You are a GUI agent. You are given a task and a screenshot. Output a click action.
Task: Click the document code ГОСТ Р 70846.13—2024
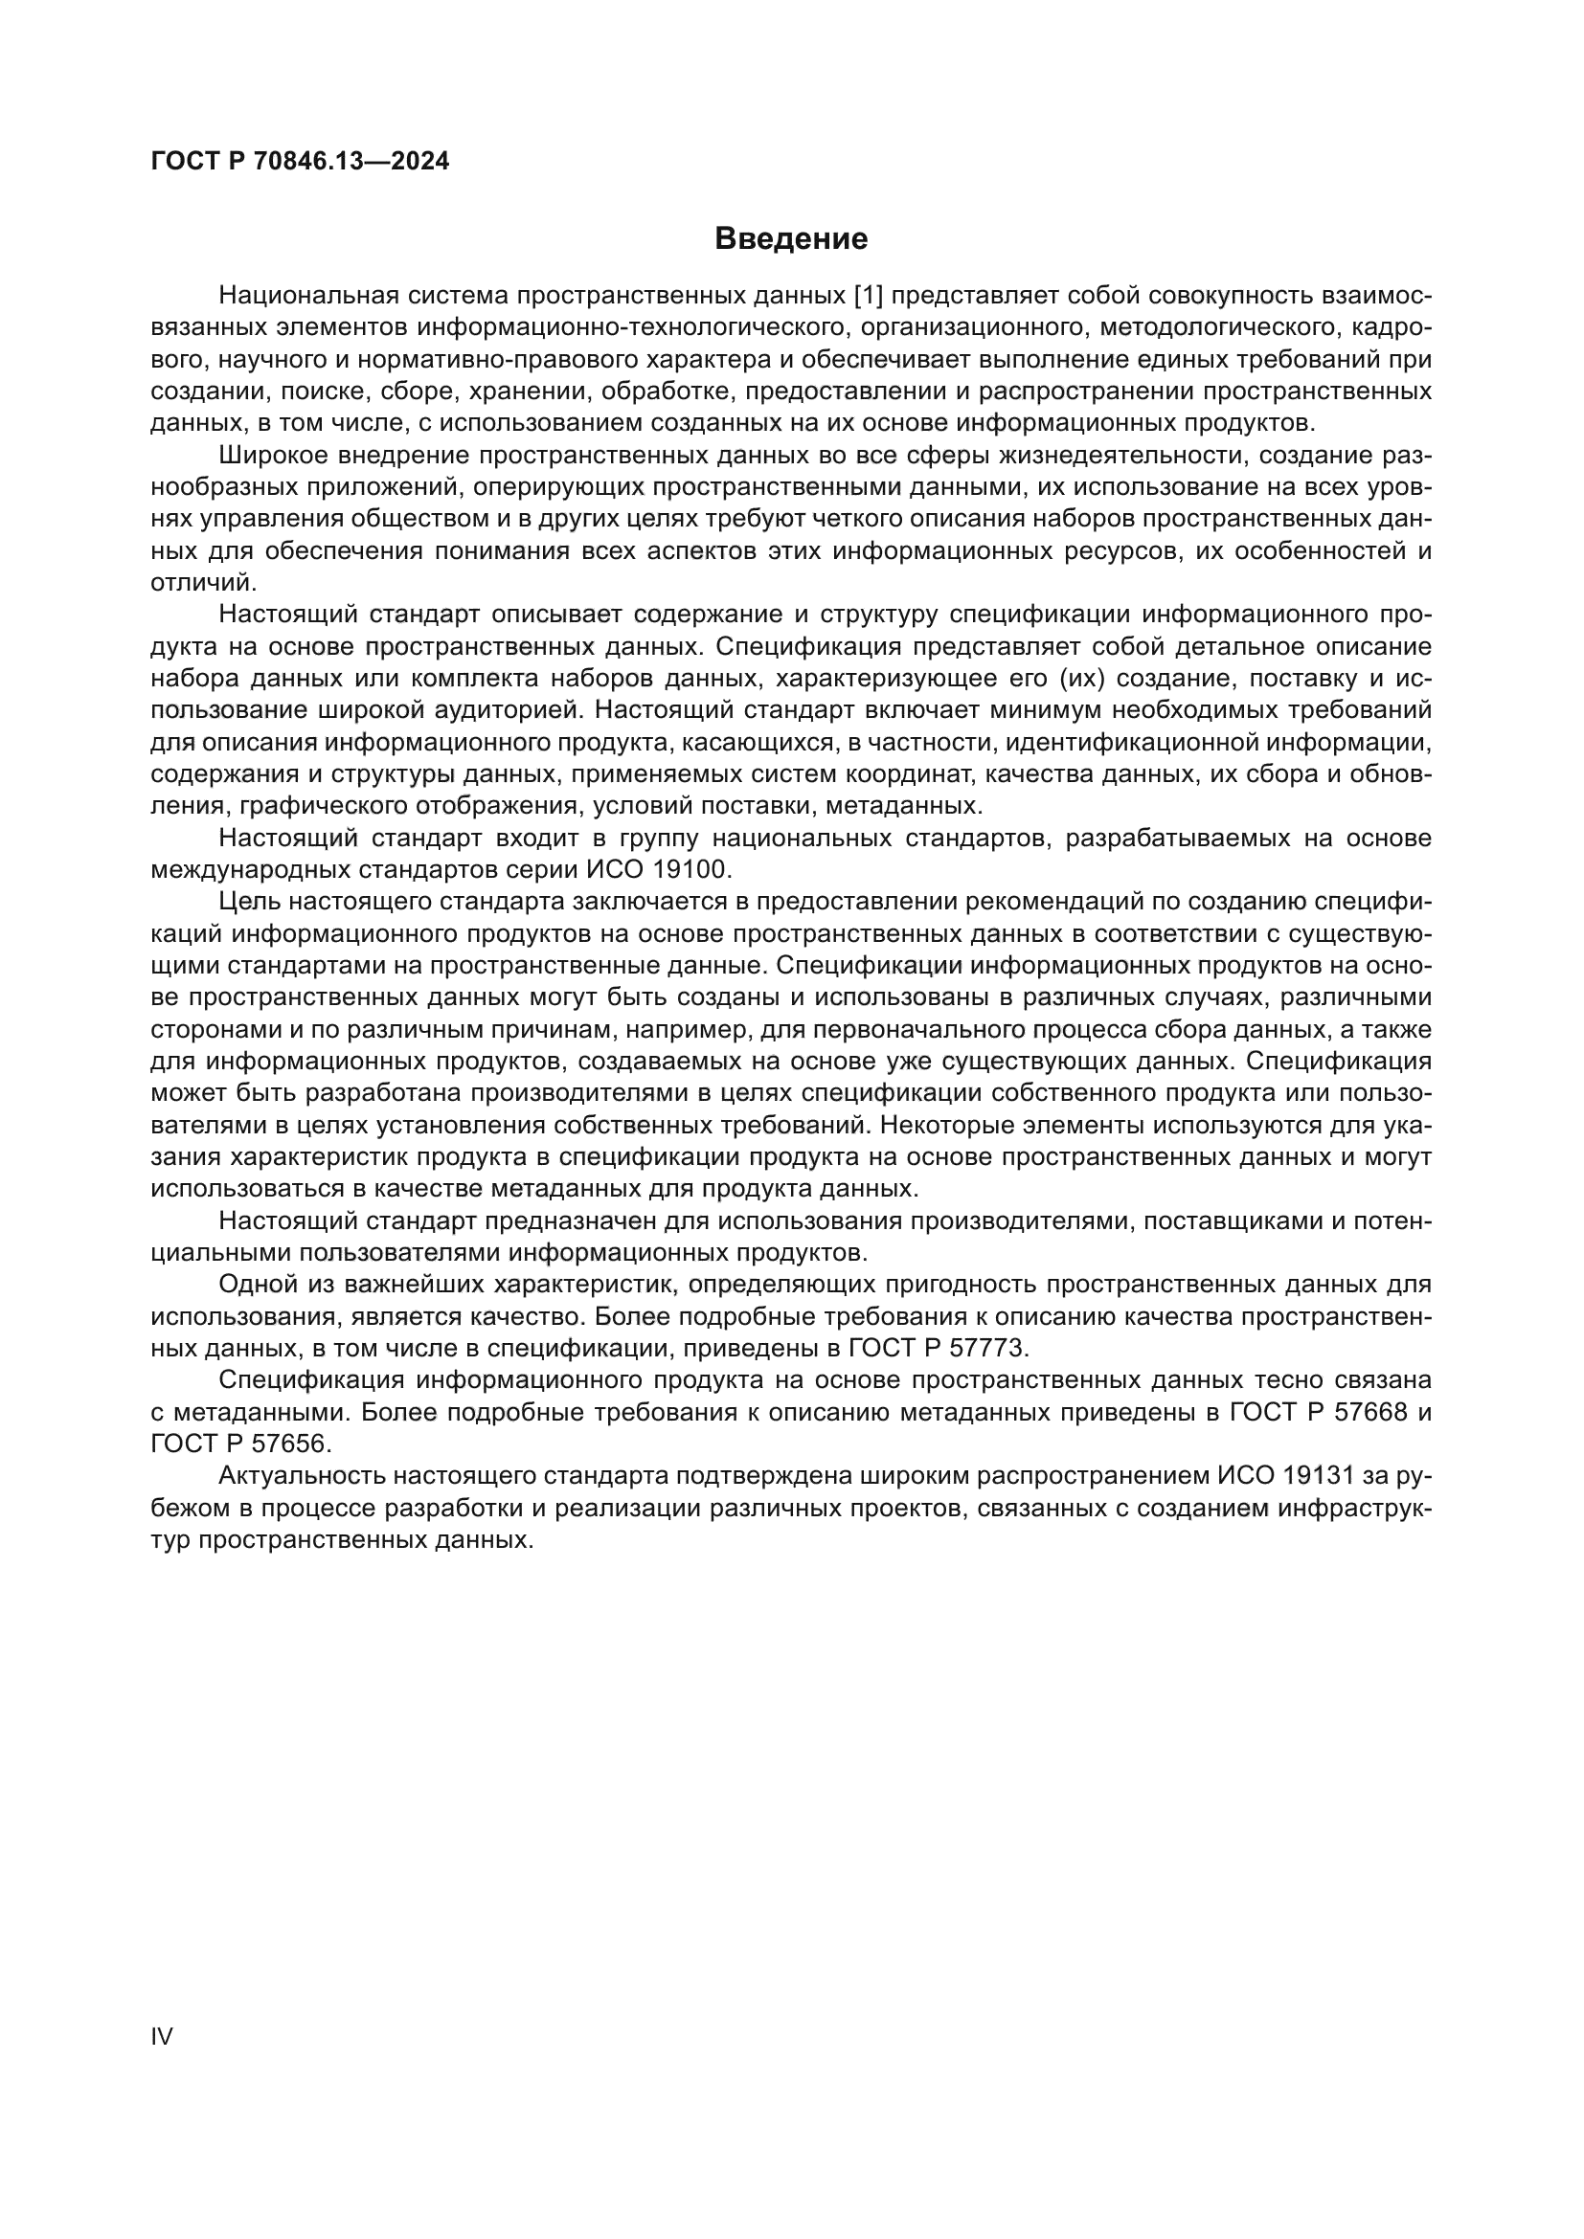(301, 162)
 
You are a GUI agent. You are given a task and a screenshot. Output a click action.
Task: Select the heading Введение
(791, 239)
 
